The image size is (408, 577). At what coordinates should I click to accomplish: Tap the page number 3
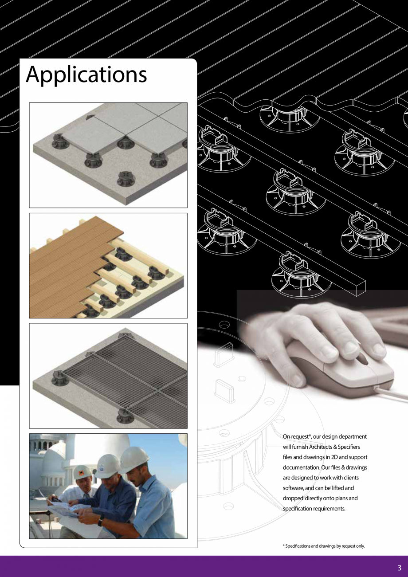coord(399,568)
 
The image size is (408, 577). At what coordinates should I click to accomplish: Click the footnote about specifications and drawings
coord(323,546)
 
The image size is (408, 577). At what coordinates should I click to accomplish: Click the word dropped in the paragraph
coord(295,498)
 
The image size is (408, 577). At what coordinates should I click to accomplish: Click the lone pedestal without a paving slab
coord(126,179)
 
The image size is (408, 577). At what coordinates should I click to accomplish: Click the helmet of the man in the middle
coord(107,466)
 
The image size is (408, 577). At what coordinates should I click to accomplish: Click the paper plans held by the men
coord(67,510)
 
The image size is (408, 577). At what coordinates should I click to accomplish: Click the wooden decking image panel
coord(108,266)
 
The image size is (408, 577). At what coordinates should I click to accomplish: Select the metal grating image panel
coord(108,376)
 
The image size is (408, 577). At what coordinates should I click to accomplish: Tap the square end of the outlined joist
coord(360,288)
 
